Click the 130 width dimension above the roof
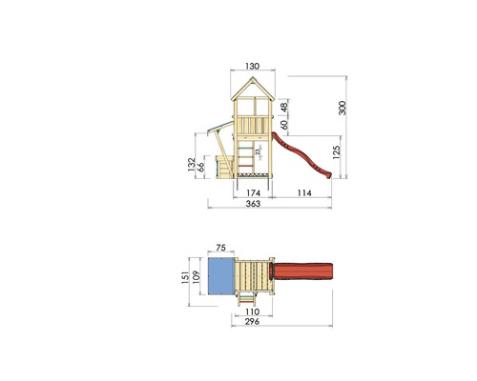click(253, 66)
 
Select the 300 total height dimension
click(342, 108)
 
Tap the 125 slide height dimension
click(336, 151)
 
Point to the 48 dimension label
click(284, 105)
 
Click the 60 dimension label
click(284, 124)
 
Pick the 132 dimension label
click(192, 165)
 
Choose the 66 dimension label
click(200, 167)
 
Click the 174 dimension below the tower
click(254, 192)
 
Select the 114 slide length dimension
click(304, 192)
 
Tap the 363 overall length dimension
click(253, 204)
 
